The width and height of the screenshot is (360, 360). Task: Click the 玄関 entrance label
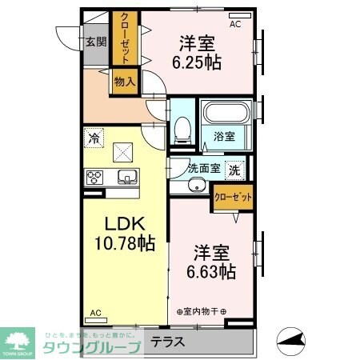(x=97, y=42)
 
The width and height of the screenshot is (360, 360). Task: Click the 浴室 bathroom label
(x=224, y=137)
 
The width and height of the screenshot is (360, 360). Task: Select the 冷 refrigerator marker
(x=94, y=138)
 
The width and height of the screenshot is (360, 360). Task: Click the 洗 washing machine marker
(x=234, y=169)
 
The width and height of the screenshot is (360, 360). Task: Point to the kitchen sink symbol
(x=126, y=177)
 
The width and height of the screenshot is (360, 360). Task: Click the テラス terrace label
(x=168, y=342)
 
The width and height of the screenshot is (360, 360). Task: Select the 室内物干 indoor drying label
(x=202, y=310)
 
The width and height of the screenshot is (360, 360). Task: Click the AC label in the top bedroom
(x=235, y=25)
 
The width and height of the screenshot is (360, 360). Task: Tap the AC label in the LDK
(x=95, y=313)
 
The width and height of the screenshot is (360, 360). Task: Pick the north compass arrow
(x=291, y=341)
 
